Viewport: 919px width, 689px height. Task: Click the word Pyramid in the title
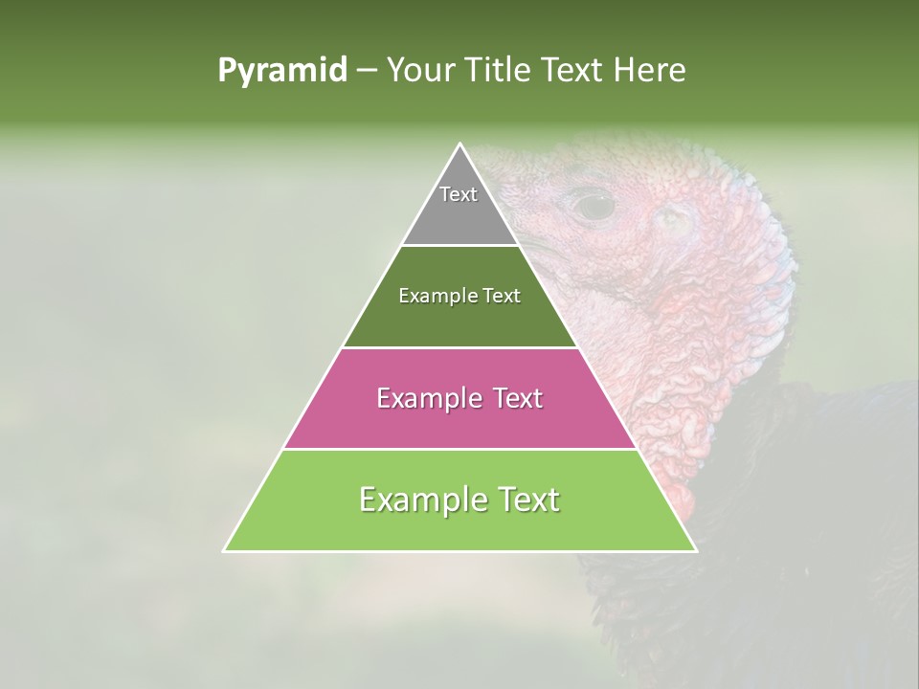[281, 71]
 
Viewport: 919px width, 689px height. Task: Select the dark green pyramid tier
[459, 316]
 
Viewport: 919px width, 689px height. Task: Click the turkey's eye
[594, 204]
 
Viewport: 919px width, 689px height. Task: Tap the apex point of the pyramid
[460, 144]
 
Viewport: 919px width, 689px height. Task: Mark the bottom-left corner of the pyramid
[224, 550]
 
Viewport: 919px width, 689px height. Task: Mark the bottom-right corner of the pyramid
[696, 550]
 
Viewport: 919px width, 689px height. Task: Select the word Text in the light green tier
[527, 500]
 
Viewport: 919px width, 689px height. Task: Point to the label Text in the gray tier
[459, 194]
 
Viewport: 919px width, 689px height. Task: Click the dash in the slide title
[366, 71]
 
